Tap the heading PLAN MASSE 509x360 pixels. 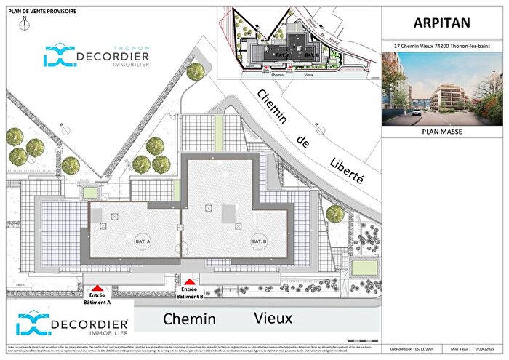[x=444, y=133]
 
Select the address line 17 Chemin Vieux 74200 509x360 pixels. [x=444, y=46]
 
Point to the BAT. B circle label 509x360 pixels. [x=259, y=241]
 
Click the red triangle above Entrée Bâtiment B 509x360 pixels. [x=190, y=282]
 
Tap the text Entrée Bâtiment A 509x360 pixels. [x=98, y=299]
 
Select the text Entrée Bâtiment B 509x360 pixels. [x=190, y=292]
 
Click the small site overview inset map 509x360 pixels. [x=298, y=42]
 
